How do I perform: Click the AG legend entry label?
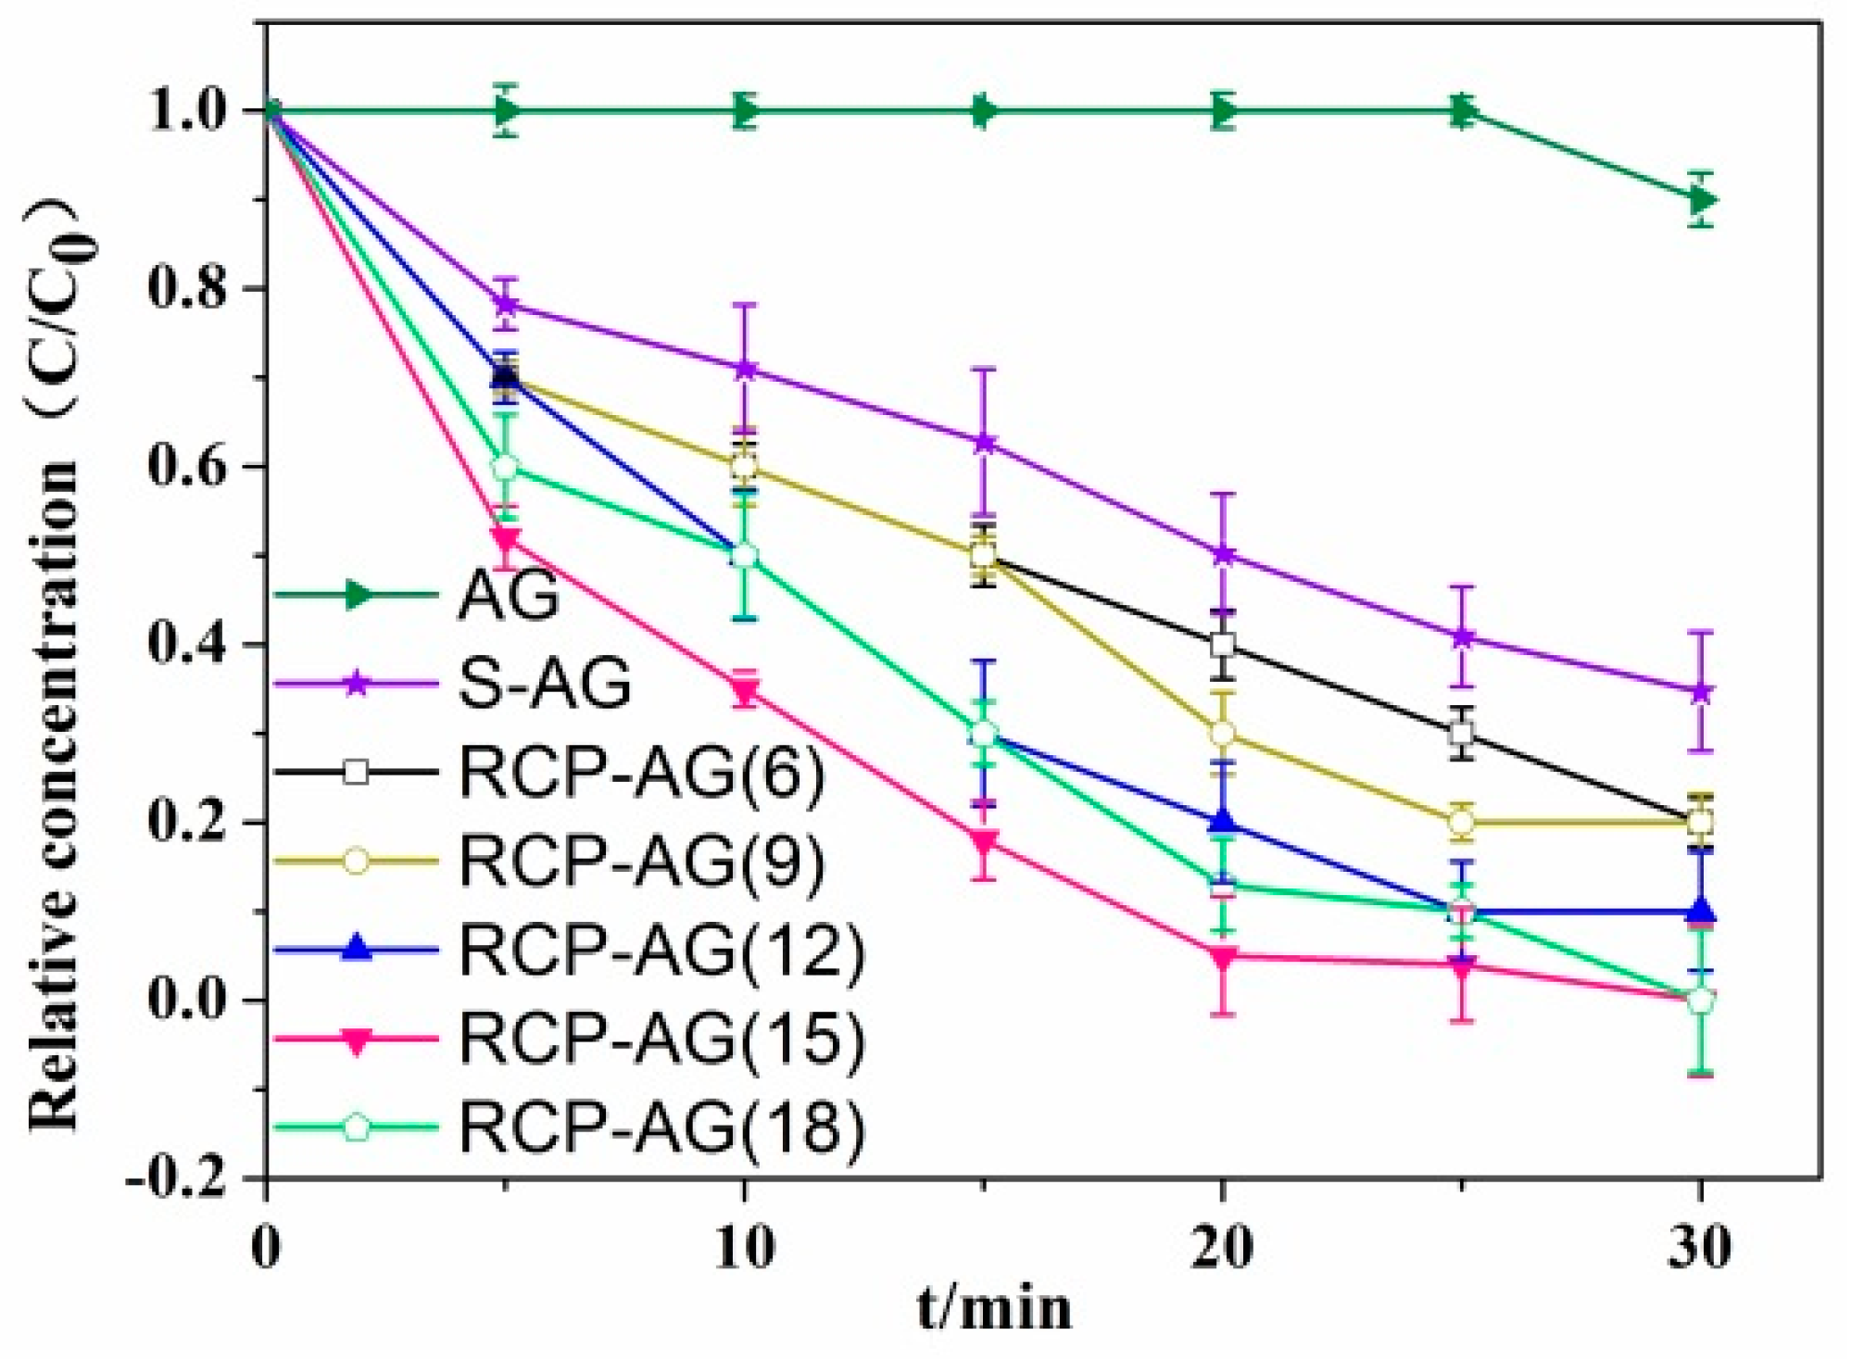[x=509, y=595]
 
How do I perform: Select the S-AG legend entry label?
[x=545, y=684]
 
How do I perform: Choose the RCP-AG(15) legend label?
[x=661, y=1038]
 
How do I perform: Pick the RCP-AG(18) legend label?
[x=661, y=1127]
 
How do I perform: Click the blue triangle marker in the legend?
[x=357, y=949]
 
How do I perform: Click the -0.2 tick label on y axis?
[x=176, y=1178]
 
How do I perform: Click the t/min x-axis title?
[x=994, y=1309]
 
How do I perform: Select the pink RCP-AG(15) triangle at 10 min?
[x=745, y=691]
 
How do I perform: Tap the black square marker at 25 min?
[x=1462, y=734]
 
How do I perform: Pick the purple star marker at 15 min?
[x=984, y=443]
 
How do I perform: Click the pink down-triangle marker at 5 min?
[x=505, y=537]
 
